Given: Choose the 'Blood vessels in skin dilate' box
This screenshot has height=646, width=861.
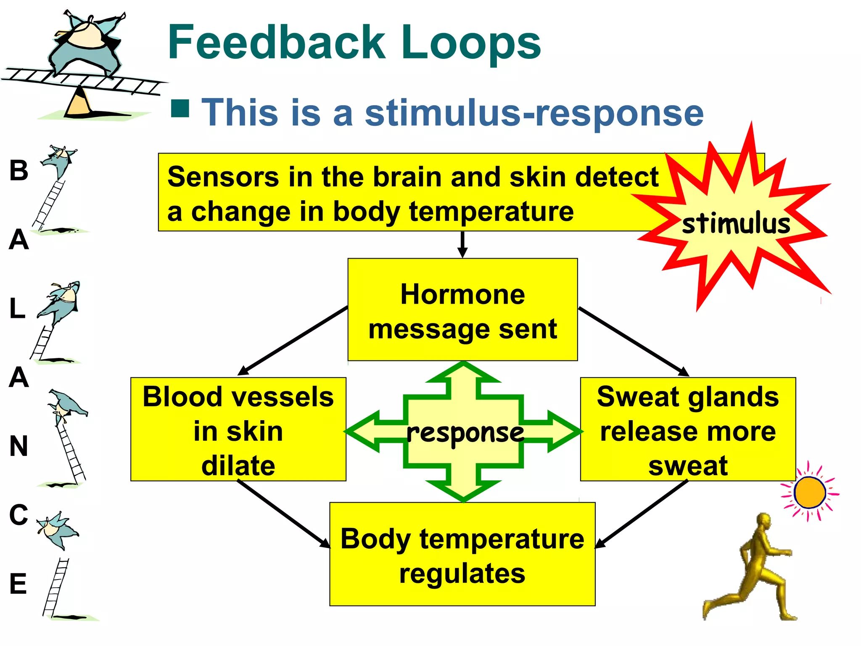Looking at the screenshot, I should point(238,429).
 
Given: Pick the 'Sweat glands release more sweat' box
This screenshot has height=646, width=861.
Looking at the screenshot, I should point(688,429).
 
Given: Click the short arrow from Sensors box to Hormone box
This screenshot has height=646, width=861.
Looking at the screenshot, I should point(462,244).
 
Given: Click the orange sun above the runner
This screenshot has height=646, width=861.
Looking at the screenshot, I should point(810,492).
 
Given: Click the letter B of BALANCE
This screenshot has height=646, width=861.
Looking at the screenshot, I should point(19,170).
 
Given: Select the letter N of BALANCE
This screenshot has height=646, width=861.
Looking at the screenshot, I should point(19,446).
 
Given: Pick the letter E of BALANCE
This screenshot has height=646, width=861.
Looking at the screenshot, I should point(18,584).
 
